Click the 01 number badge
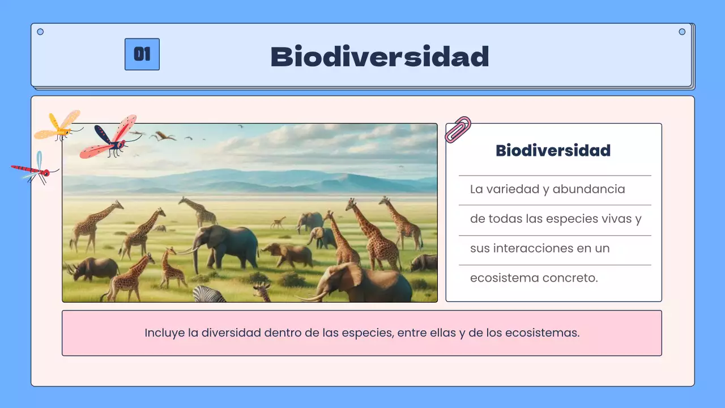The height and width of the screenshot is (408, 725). coord(142,54)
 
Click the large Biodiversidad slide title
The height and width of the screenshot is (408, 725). coord(379,57)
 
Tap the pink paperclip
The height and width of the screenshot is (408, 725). coord(458,129)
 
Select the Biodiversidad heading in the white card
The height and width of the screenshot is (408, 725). coord(553,151)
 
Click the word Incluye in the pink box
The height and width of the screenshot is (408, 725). coord(164,333)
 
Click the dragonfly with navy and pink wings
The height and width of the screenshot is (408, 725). coord(110,138)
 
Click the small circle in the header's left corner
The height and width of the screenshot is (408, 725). coord(40,32)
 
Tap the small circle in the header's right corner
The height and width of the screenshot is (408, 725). coord(682,32)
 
